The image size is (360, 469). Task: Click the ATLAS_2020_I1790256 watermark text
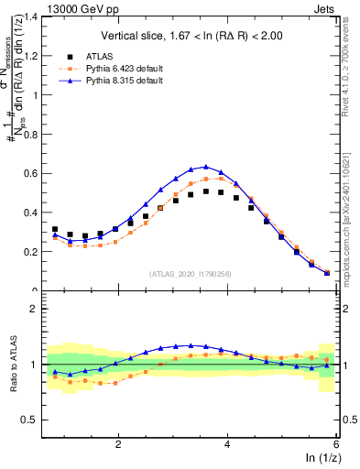point(195,273)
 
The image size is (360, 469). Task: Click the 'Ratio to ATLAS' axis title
point(12,365)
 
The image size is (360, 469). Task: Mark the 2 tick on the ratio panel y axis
point(47,309)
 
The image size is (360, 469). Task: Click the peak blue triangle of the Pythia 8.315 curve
point(206,167)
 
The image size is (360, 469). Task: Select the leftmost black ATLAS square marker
point(55,229)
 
